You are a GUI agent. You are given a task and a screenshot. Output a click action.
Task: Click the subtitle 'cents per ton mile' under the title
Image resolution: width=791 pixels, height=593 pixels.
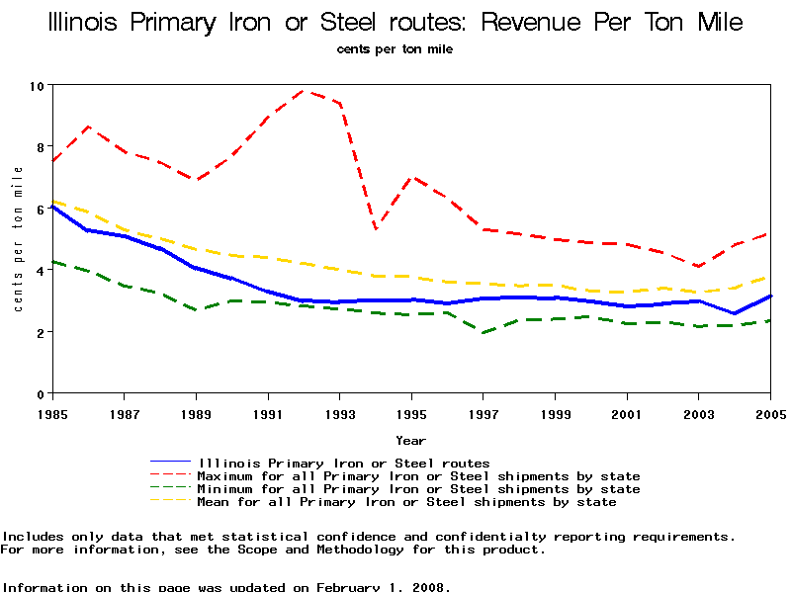[x=395, y=48]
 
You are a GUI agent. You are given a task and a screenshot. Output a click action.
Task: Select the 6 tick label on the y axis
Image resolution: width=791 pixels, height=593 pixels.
[x=41, y=210]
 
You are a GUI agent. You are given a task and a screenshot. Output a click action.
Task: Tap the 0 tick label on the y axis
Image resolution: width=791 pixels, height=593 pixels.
[x=41, y=394]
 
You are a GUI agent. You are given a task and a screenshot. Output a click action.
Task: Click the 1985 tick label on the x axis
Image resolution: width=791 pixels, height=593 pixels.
[x=52, y=412]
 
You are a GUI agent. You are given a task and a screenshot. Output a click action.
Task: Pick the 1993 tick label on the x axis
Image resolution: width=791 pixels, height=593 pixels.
[x=340, y=412]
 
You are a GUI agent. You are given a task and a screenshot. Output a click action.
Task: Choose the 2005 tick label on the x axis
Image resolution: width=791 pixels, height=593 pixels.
[x=770, y=412]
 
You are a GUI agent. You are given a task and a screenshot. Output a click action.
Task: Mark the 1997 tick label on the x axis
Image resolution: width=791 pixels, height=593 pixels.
[x=483, y=412]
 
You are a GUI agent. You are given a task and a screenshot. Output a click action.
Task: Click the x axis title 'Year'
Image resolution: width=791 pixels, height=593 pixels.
[x=411, y=441]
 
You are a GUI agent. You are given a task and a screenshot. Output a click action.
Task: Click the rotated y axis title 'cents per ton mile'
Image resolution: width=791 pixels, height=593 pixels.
[x=18, y=239]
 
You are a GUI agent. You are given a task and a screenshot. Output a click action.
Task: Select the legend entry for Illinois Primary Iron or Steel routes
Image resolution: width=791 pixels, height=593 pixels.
[x=344, y=463]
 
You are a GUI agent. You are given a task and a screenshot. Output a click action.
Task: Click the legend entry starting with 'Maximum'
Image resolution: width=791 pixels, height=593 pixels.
[x=419, y=476]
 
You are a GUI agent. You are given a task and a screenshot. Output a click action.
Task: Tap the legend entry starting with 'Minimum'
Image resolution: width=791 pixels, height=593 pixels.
[x=419, y=489]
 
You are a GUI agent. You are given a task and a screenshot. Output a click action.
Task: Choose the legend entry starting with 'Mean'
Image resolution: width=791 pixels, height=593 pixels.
[x=407, y=502]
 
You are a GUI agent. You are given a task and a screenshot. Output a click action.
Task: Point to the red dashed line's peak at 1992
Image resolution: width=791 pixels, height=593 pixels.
[x=304, y=91]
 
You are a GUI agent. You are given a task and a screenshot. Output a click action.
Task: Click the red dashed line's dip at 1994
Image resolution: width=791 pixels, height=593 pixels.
[x=376, y=229]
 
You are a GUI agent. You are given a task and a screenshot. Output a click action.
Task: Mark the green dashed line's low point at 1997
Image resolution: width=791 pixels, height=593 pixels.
[x=483, y=332]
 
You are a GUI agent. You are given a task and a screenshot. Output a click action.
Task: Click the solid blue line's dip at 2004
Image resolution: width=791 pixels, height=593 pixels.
[x=735, y=313]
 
